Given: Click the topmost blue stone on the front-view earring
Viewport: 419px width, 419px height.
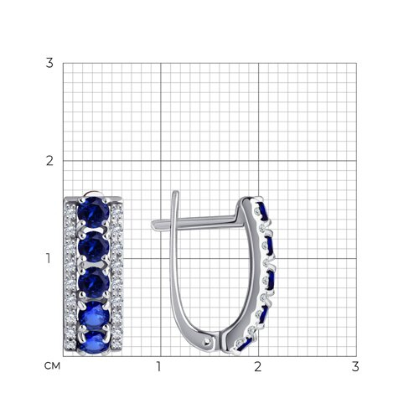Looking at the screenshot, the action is [x=93, y=212].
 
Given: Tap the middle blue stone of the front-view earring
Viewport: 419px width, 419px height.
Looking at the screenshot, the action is [x=94, y=282].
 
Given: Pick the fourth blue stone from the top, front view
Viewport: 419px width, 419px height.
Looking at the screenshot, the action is [x=95, y=316].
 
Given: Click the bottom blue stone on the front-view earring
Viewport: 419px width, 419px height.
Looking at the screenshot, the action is [x=95, y=343].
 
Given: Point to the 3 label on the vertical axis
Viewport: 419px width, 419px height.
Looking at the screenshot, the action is [x=49, y=63].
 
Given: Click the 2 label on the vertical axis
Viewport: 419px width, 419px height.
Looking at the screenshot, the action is [x=49, y=161].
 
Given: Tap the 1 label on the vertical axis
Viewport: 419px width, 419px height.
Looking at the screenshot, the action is [x=49, y=258].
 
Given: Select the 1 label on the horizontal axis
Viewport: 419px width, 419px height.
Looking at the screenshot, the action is [x=159, y=366].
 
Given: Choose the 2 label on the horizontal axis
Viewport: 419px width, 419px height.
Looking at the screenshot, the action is [x=257, y=366].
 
